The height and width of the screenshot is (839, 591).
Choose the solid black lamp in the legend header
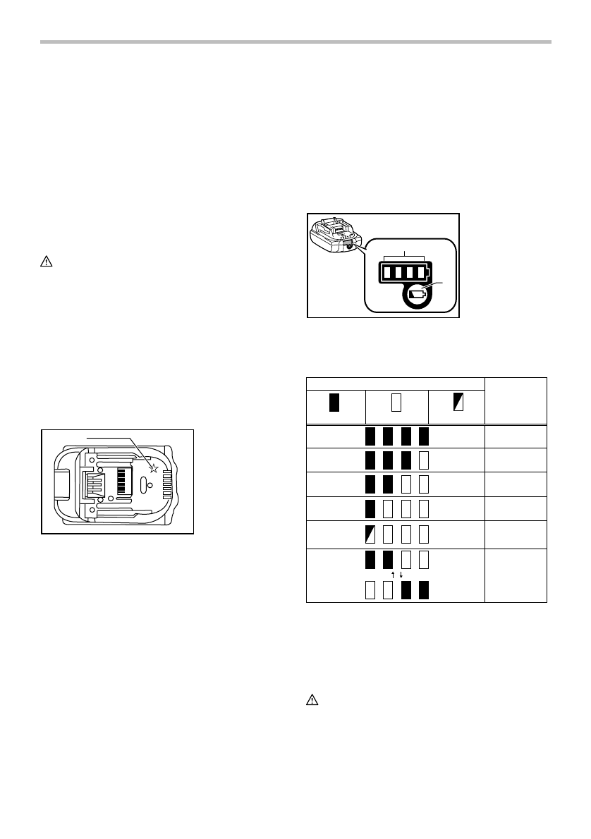coord(334,403)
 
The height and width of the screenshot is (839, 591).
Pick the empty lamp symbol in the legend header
coord(396,403)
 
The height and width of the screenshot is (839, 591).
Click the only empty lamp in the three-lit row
coord(423,461)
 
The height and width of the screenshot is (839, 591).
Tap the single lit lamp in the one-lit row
coord(370,509)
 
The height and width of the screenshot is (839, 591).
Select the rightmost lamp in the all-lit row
coord(423,436)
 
